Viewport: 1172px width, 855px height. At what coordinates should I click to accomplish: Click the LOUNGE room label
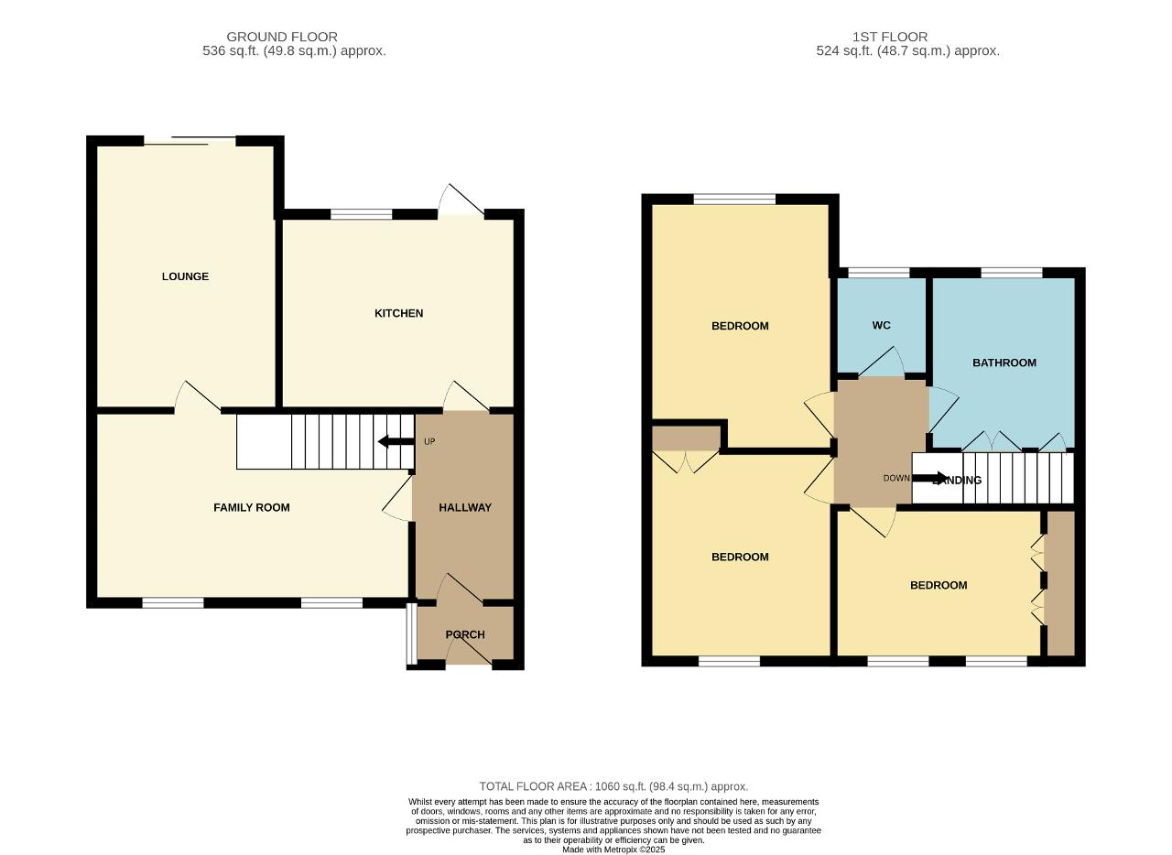point(185,276)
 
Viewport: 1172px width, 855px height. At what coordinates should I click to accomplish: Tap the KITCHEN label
point(398,313)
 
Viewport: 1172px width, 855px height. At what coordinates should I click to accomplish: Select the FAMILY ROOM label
point(252,507)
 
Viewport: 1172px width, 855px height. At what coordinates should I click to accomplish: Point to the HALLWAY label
point(465,507)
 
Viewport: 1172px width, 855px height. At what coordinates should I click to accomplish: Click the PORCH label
point(465,634)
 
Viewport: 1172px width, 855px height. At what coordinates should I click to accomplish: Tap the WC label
point(881,325)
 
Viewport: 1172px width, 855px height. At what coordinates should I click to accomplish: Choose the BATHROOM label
point(1004,363)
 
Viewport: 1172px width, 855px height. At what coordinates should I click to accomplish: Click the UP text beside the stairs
point(429,441)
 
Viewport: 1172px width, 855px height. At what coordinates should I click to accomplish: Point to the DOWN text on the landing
point(896,478)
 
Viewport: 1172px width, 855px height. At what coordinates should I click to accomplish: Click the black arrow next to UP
point(396,441)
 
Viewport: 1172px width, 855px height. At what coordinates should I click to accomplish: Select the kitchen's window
point(362,214)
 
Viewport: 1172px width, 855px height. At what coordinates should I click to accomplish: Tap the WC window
point(879,273)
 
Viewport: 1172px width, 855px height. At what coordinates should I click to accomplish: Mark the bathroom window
point(1012,273)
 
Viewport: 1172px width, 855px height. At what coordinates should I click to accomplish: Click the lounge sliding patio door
point(190,140)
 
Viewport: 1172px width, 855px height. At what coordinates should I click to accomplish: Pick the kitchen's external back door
point(461,200)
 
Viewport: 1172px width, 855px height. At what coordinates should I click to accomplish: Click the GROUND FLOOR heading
point(282,37)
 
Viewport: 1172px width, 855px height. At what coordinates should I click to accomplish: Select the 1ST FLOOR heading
point(890,37)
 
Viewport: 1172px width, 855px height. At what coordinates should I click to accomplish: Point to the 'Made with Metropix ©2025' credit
point(613,850)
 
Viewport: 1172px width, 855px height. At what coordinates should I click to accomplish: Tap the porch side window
point(412,633)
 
